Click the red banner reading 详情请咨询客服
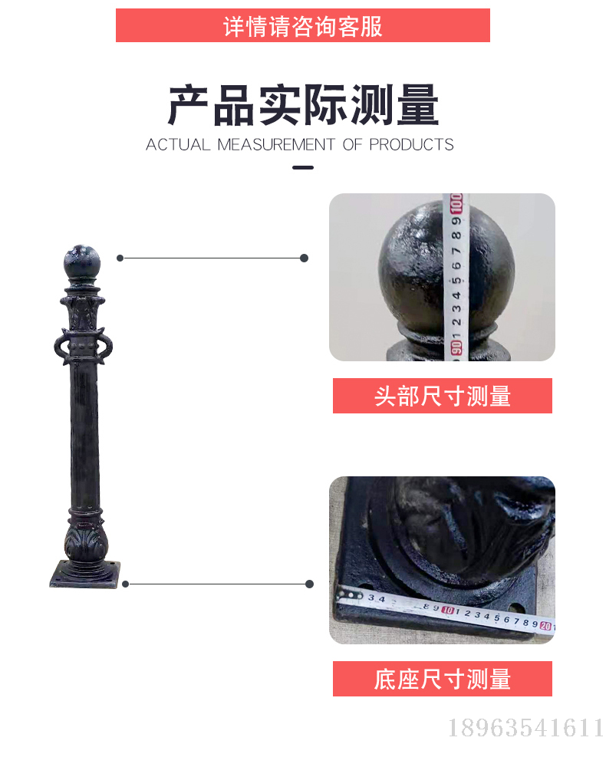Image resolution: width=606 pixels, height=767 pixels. pyautogui.click(x=303, y=25)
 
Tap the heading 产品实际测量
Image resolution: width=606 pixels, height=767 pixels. pyautogui.click(x=303, y=105)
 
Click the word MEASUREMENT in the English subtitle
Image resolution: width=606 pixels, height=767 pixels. pyautogui.click(x=276, y=145)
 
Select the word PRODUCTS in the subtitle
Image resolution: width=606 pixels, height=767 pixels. pyautogui.click(x=411, y=145)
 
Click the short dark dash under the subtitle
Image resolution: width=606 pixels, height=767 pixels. pyautogui.click(x=303, y=168)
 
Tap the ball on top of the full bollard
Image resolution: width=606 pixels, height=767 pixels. pyautogui.click(x=82, y=262)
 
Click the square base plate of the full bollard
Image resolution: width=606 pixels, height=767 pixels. pyautogui.click(x=84, y=574)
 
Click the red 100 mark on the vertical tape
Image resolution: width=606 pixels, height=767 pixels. pyautogui.click(x=456, y=203)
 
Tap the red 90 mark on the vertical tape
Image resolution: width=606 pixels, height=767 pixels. pyautogui.click(x=456, y=347)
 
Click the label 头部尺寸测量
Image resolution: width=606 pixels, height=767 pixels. pyautogui.click(x=443, y=396)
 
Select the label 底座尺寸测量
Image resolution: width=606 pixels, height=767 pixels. pyautogui.click(x=443, y=679)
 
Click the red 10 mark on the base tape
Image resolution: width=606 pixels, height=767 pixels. pyautogui.click(x=447, y=610)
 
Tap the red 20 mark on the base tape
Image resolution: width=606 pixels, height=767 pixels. pyautogui.click(x=546, y=626)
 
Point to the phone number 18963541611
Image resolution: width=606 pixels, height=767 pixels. pyautogui.click(x=525, y=728)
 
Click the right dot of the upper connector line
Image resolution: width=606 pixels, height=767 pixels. pyautogui.click(x=305, y=258)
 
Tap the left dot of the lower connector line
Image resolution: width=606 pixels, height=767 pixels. pyautogui.click(x=126, y=584)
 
